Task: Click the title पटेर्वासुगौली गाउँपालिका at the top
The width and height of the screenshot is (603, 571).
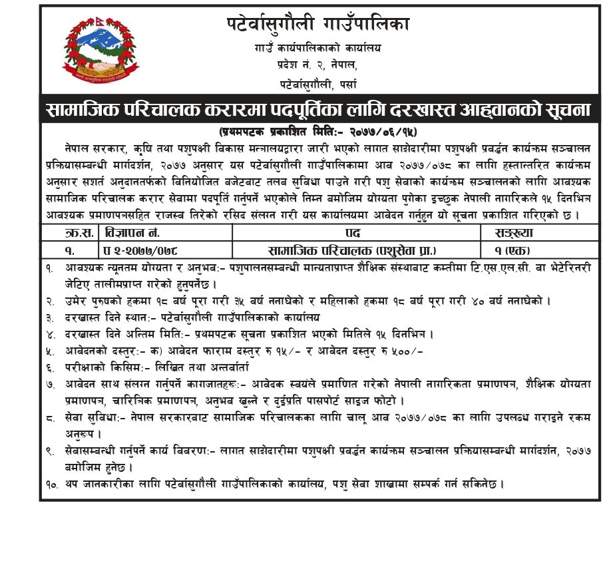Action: tap(317, 25)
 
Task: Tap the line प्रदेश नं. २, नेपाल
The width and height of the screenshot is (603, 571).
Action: tap(317, 65)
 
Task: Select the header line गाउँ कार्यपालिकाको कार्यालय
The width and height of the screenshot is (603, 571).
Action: tap(317, 48)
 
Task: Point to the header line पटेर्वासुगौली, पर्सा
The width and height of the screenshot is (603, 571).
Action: tap(317, 84)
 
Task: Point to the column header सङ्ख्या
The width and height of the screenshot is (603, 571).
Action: tap(516, 233)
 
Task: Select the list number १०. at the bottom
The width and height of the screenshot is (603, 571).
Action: tap(52, 484)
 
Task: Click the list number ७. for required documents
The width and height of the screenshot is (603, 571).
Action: tap(51, 384)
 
